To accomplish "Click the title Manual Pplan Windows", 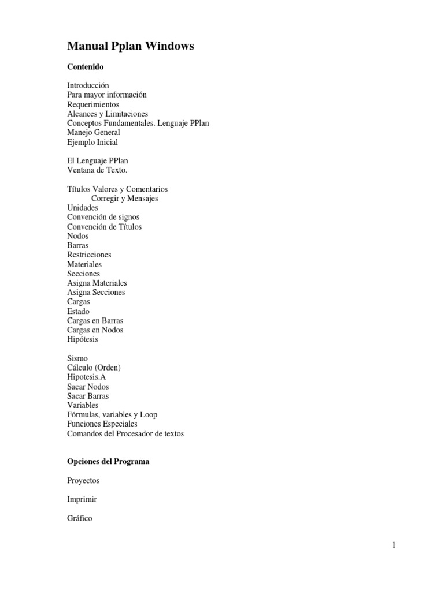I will point(130,46).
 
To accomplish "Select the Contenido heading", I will point(85,67).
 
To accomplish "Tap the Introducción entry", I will point(88,85).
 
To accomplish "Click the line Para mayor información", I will point(107,95).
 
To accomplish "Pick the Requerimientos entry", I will point(93,104).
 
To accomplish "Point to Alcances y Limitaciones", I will point(108,114).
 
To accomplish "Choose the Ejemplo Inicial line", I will point(92,142).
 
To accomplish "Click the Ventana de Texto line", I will point(97,170).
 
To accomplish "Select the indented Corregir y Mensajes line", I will point(125,199).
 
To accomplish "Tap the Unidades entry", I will point(83,208).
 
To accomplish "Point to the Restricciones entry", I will point(89,255).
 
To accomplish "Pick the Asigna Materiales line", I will point(97,283).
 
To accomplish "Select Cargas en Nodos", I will point(95,330).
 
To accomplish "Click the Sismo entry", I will point(77,358).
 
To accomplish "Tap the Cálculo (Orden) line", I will point(94,368).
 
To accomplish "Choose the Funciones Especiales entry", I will point(102,424).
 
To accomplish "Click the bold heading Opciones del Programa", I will point(108,462).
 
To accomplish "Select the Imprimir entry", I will point(82,499).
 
